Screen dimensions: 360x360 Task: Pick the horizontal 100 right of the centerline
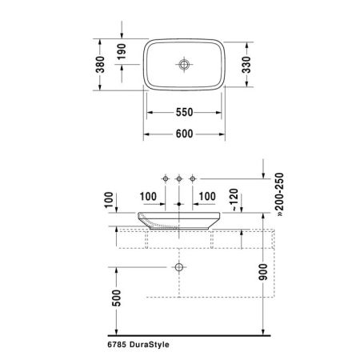207,194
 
